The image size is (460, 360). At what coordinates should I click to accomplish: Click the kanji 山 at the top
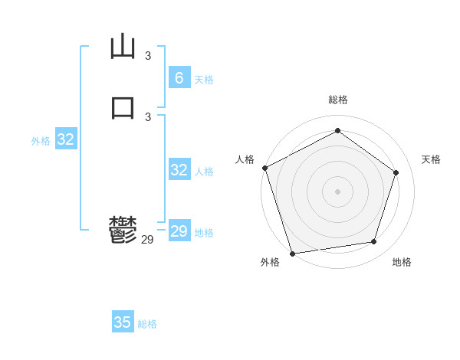pos(123,47)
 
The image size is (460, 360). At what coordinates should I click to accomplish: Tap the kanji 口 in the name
pos(123,106)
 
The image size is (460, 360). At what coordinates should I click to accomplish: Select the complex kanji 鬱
pos(123,229)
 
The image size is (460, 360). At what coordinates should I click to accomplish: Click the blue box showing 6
pos(179,77)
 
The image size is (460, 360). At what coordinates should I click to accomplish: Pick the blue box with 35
pos(123,322)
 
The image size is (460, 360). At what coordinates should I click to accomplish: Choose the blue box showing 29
pos(179,231)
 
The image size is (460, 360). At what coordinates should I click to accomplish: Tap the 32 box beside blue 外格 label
pos(66,139)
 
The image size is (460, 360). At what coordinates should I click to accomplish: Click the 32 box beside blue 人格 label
pos(179,170)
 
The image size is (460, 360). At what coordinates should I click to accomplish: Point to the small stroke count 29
pos(147,240)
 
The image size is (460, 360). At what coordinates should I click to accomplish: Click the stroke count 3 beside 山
pos(148,55)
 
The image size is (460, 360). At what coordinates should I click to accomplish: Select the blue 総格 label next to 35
pos(147,324)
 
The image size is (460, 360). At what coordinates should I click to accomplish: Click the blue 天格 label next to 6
pos(204,80)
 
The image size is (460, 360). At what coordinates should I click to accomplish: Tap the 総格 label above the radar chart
pos(338,100)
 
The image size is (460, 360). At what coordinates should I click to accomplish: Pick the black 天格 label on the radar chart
pos(431,159)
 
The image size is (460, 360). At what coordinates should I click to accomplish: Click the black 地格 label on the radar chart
pos(402,262)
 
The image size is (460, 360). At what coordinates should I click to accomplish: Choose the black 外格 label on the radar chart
pos(270,262)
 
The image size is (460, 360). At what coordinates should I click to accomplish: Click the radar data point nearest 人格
pos(264,168)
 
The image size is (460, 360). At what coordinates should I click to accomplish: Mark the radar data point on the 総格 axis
pos(337,131)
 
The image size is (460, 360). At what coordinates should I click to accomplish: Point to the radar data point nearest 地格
pos(374,242)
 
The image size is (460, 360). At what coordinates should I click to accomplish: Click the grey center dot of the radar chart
pos(337,191)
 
